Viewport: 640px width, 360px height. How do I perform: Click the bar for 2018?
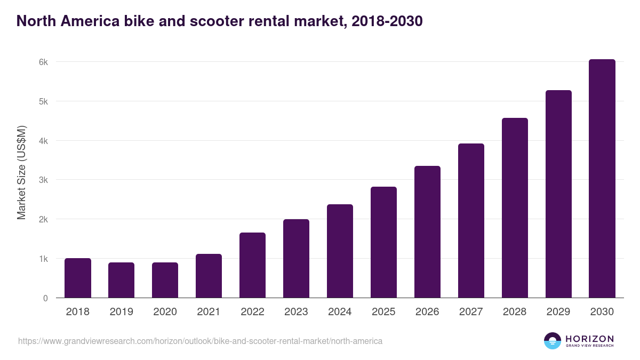[x=78, y=278]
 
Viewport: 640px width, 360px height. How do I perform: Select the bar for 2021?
[x=209, y=276]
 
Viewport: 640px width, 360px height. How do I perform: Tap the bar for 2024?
[x=340, y=251]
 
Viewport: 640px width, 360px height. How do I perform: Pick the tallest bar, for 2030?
[x=602, y=179]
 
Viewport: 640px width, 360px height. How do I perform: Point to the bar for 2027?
[x=471, y=220]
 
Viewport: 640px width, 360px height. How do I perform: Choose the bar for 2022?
[x=252, y=265]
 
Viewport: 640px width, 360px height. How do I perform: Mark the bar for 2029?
[x=558, y=194]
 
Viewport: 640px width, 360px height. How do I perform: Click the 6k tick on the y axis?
[x=43, y=62]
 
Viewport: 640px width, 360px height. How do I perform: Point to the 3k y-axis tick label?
[x=43, y=180]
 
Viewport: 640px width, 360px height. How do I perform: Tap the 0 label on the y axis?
[x=45, y=298]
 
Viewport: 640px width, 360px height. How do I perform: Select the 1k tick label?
[x=43, y=259]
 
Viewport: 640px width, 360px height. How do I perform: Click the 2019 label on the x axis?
[x=122, y=312]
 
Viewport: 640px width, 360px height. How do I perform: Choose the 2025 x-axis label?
[x=383, y=312]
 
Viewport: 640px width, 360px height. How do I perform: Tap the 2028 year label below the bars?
[x=515, y=312]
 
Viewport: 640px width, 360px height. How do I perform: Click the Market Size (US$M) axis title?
[x=21, y=173]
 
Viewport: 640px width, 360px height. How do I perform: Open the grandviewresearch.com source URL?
[x=200, y=341]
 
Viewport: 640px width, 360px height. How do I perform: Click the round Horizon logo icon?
[x=553, y=341]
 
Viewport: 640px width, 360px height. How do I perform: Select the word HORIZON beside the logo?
[x=589, y=338]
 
